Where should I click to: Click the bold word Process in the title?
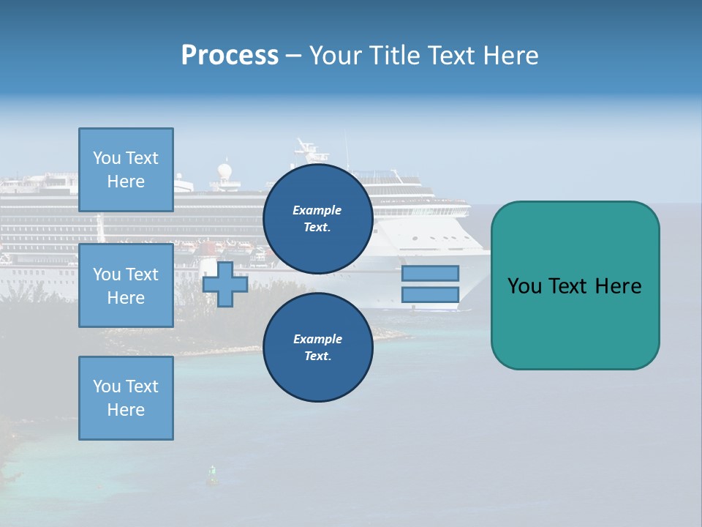(230, 55)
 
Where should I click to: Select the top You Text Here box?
(126, 170)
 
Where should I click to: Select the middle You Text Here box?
(126, 285)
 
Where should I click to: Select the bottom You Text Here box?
(126, 397)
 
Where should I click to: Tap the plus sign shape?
(225, 284)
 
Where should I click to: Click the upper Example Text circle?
(317, 219)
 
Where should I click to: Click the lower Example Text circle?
(317, 348)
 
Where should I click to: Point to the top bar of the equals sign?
(431, 273)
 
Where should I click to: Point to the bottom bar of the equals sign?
(431, 294)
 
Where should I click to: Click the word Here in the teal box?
(618, 286)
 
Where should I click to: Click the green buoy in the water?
(213, 475)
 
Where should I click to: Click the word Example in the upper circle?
(317, 210)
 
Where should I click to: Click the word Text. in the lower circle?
(317, 356)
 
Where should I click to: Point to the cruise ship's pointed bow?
(486, 253)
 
